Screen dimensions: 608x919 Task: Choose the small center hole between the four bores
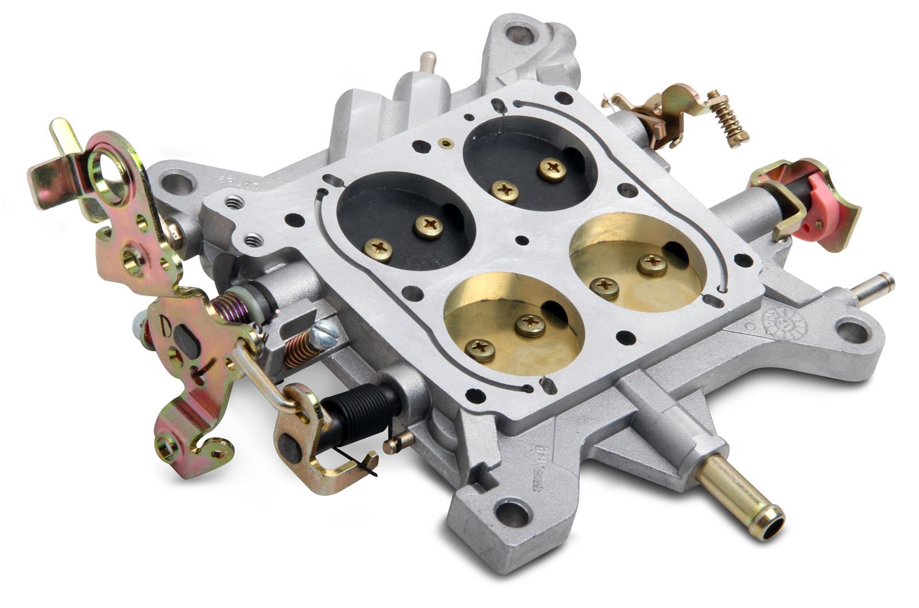pyautogui.click(x=522, y=240)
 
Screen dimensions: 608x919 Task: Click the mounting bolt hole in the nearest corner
pyautogui.click(x=510, y=509)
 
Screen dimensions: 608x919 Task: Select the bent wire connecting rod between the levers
pyautogui.click(x=261, y=379)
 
